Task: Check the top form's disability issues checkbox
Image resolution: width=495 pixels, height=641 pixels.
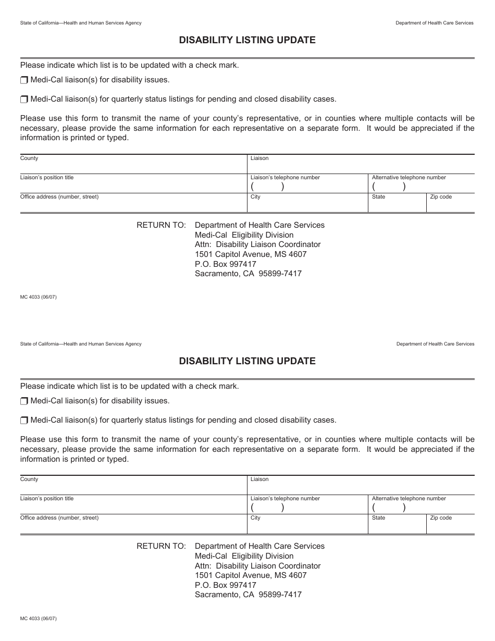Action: click(x=24, y=80)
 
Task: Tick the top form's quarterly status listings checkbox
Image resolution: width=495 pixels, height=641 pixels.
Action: click(x=24, y=100)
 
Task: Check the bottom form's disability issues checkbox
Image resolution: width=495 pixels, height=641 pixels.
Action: click(x=24, y=401)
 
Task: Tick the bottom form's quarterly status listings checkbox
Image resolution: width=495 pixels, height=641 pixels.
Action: click(x=24, y=421)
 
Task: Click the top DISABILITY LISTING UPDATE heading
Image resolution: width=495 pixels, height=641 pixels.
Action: click(x=247, y=40)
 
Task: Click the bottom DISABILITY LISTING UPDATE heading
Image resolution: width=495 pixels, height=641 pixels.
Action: click(x=247, y=361)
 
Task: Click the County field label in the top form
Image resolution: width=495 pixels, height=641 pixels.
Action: click(x=29, y=158)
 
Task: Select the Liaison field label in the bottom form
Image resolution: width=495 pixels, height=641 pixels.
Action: click(x=259, y=479)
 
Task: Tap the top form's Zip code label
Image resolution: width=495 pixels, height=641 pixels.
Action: click(x=441, y=197)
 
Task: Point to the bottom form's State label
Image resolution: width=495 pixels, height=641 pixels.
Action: click(x=379, y=518)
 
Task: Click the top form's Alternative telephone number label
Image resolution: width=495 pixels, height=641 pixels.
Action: click(x=409, y=178)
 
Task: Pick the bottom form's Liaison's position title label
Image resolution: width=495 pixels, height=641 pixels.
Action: click(x=47, y=499)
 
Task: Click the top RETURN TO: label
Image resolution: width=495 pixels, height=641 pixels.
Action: click(x=161, y=225)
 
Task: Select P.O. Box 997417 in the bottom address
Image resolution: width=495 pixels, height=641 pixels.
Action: click(x=226, y=585)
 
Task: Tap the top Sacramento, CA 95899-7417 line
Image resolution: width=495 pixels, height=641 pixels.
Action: click(x=248, y=274)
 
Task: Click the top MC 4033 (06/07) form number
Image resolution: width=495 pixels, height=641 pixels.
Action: click(x=38, y=297)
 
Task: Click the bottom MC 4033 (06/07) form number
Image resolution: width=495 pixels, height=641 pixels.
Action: click(x=38, y=618)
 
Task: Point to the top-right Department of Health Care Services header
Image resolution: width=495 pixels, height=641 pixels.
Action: click(x=435, y=23)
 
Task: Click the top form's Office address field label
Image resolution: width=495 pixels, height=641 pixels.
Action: click(x=59, y=197)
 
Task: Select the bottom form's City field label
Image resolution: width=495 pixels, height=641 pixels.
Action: click(x=255, y=518)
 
